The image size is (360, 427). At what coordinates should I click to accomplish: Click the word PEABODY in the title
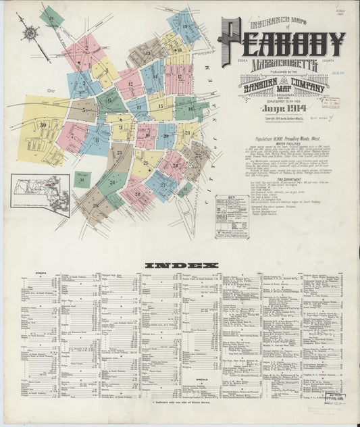[282, 43]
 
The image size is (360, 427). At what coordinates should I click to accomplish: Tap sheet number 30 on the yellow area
[43, 124]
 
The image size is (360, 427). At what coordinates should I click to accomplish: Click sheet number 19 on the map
[184, 26]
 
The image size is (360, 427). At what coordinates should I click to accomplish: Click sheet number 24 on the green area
[112, 182]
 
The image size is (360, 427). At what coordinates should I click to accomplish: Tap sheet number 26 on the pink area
[142, 196]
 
